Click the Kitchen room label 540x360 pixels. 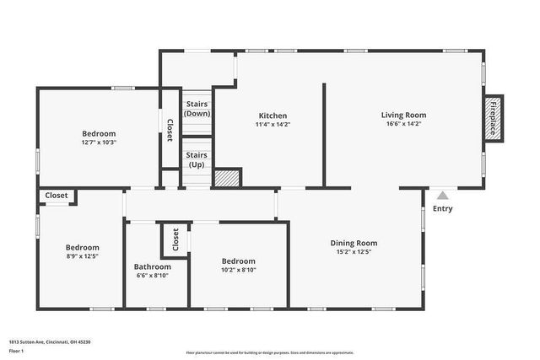273,116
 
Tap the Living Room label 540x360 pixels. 403,115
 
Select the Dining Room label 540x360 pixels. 353,242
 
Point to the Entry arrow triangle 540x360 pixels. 442,195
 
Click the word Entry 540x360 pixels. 442,208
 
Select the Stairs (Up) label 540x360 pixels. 197,160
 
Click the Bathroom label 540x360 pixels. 153,266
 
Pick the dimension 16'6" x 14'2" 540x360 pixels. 403,124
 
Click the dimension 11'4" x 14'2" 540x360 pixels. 273,125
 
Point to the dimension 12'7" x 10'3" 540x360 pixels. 99,142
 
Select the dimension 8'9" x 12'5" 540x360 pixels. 83,256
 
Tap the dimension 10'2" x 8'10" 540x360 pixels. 238,270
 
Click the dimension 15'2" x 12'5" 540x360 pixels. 353,251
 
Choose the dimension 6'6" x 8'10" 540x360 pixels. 153,276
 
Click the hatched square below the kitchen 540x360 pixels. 225,178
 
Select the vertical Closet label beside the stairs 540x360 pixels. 170,129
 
